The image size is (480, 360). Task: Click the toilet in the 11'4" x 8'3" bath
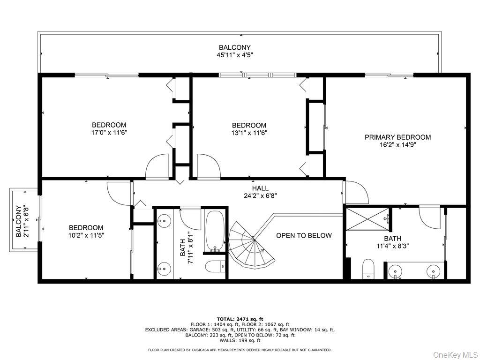pos(368,269)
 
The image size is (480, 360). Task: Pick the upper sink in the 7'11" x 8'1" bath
pos(164,219)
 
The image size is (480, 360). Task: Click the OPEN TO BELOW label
pos(303,235)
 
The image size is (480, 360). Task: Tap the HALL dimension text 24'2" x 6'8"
pos(260,196)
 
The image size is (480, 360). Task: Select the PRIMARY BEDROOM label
pos(397,137)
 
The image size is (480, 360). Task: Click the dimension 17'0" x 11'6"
pos(109,133)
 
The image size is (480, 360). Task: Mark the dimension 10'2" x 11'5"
pos(85,235)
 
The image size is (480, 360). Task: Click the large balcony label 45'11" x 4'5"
pos(234,55)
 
